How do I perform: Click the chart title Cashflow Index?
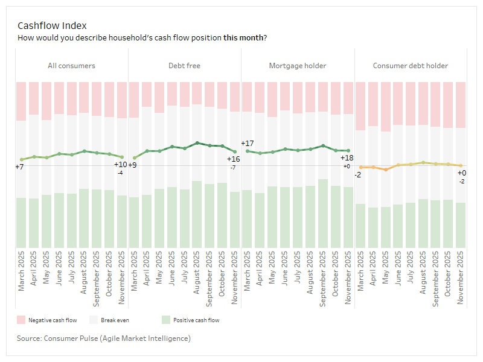coord(52,25)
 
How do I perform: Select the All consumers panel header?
coord(71,66)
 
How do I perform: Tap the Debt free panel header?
coord(184,66)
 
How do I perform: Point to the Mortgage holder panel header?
coord(298,66)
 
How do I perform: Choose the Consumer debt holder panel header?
coord(411,66)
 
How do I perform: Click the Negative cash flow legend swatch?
coord(21,320)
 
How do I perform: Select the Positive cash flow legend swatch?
coord(166,320)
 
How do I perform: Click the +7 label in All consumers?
coord(19,167)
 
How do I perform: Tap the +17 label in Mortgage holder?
coord(247,144)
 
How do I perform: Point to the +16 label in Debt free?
coord(234,159)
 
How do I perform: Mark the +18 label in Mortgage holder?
coord(347,158)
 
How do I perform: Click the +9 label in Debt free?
coord(132,165)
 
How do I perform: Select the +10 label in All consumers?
coord(120,165)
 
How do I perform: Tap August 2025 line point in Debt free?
coord(197,143)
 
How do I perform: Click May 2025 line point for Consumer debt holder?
coord(386,170)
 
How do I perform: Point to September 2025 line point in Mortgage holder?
coord(324,145)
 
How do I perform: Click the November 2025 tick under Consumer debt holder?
coord(461,271)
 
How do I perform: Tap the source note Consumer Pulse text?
coord(104,338)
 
